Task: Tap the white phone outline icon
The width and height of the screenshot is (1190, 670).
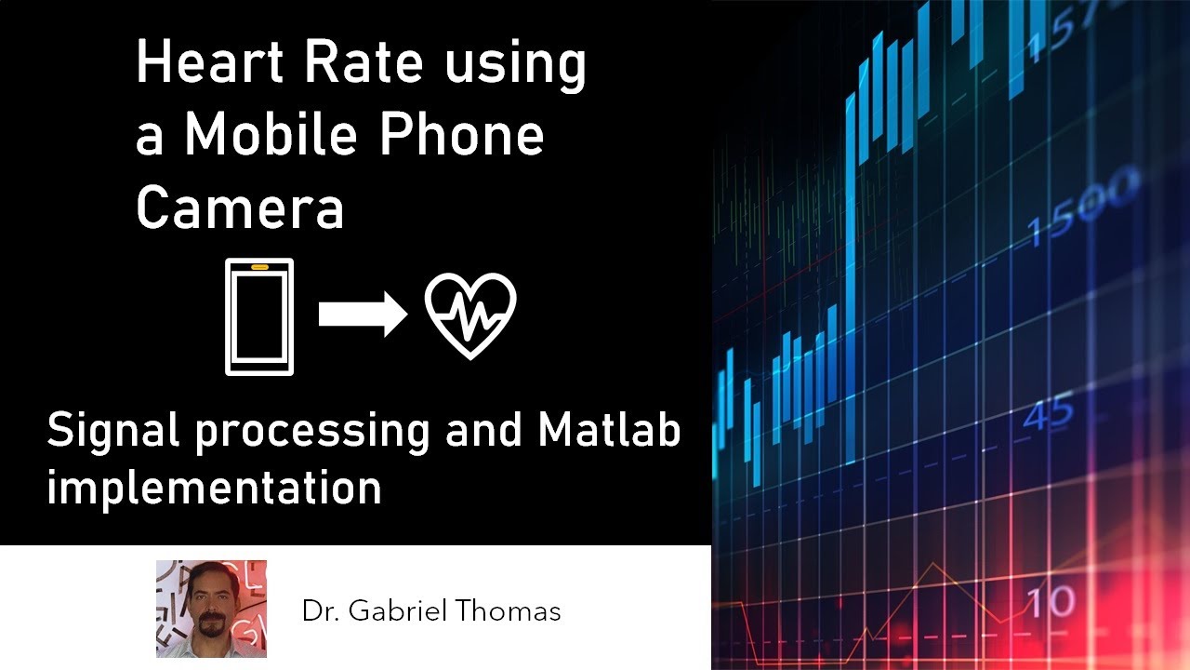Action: (x=259, y=316)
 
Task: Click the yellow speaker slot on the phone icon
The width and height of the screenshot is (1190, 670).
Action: (x=259, y=267)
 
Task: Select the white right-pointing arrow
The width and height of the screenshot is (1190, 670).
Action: (x=363, y=315)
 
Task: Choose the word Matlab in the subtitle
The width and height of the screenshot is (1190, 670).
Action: (x=609, y=431)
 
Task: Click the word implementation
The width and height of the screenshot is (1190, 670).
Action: (x=214, y=487)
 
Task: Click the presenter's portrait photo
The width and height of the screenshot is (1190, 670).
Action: (x=211, y=609)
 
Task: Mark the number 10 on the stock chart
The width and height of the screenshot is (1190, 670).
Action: (x=1051, y=603)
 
